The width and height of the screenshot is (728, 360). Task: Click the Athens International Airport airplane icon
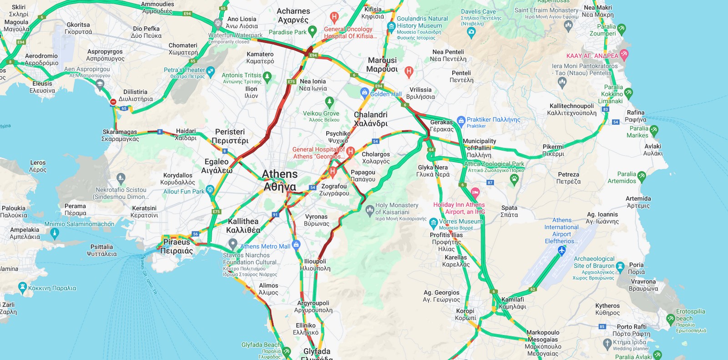point(561,250)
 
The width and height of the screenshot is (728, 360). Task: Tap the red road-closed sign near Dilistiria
point(113,102)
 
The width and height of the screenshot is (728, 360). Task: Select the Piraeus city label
point(177,246)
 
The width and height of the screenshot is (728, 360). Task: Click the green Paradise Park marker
point(312,31)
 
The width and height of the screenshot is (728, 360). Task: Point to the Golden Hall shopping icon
point(364,93)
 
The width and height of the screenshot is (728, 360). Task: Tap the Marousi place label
point(382,64)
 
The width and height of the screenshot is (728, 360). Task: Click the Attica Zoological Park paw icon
point(515,179)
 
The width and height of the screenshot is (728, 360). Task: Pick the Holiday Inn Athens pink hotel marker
point(475,192)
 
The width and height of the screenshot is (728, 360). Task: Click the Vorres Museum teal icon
point(434,223)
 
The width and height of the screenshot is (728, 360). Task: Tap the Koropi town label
point(465,314)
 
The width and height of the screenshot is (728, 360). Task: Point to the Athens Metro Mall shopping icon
point(296,245)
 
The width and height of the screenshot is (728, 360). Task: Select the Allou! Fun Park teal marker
point(210,189)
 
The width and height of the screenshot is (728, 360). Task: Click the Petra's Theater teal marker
point(210,71)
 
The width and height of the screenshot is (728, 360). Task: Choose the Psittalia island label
point(102,250)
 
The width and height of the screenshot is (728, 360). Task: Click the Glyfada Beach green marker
point(286,351)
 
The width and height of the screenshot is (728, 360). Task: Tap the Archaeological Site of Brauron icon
point(620,266)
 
